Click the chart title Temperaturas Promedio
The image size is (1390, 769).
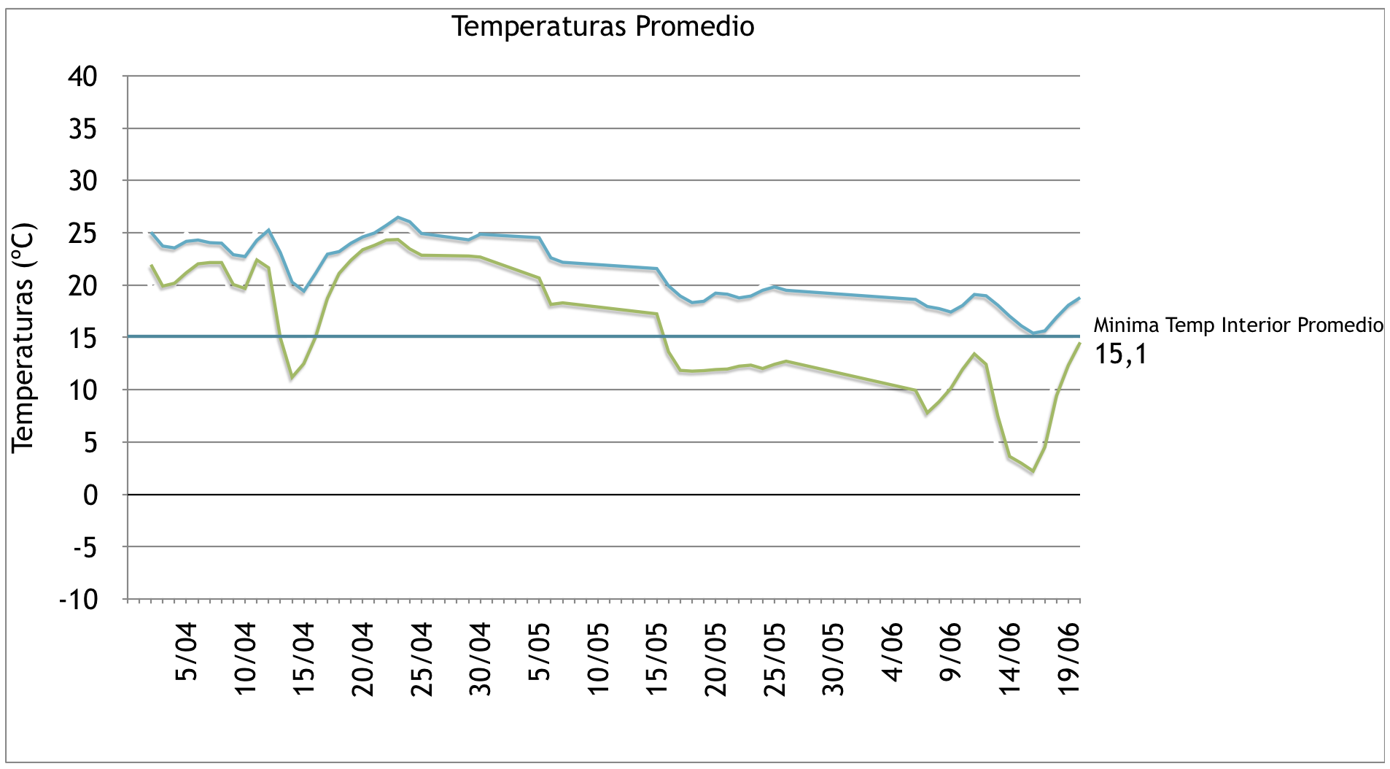pyautogui.click(x=602, y=26)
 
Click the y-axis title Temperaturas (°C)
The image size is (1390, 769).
pyautogui.click(x=23, y=338)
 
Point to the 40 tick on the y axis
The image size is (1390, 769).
pyautogui.click(x=82, y=76)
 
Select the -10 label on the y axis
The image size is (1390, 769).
pyautogui.click(x=78, y=600)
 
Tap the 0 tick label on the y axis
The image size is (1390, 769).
pyautogui.click(x=90, y=495)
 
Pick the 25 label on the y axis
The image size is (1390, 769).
pyautogui.click(x=82, y=233)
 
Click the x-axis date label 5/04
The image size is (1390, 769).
pyautogui.click(x=187, y=652)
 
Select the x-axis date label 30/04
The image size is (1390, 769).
pyautogui.click(x=481, y=659)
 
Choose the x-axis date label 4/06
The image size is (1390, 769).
pyautogui.click(x=893, y=652)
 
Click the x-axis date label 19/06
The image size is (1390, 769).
pyautogui.click(x=1068, y=659)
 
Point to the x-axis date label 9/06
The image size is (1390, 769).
pyautogui.click(x=951, y=652)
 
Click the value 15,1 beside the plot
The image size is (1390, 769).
pyautogui.click(x=1120, y=355)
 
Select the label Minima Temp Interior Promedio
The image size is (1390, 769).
pyautogui.click(x=1238, y=325)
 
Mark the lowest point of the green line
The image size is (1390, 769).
pyautogui.click(x=1033, y=471)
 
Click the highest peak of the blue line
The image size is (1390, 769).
pyautogui.click(x=397, y=217)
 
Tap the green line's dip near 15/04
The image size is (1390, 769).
pyautogui.click(x=292, y=377)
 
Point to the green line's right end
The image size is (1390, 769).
pyautogui.click(x=1079, y=344)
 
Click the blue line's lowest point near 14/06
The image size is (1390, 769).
pyautogui.click(x=1033, y=333)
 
